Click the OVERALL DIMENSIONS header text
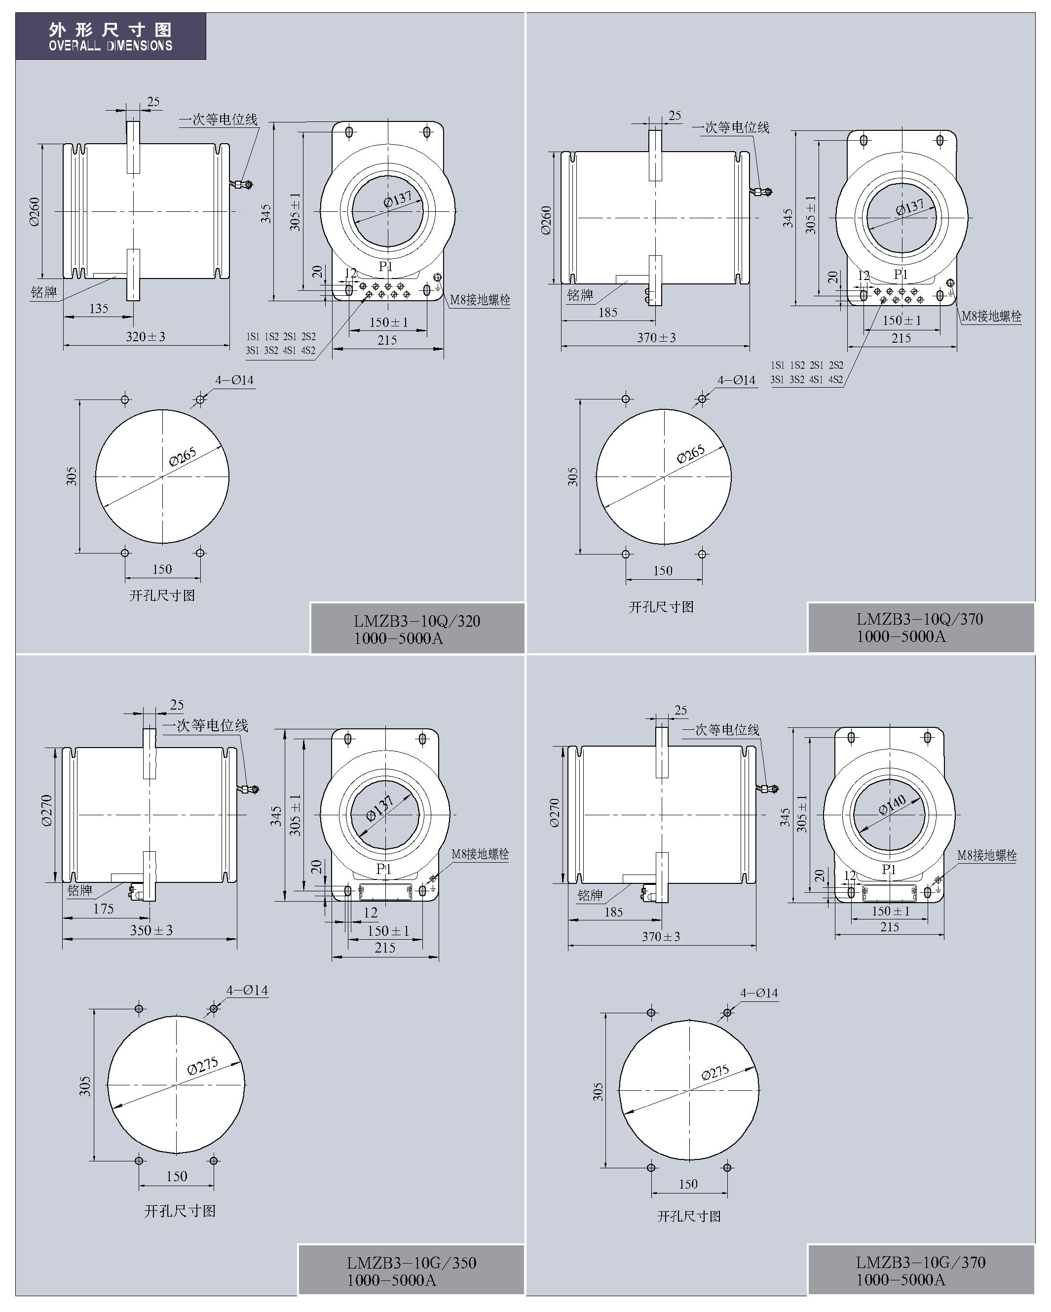[x=111, y=45]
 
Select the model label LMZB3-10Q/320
[x=417, y=621]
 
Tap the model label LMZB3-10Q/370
[x=920, y=619]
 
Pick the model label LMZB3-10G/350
[x=412, y=1263]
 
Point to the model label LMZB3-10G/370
[x=920, y=1262]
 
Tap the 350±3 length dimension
[x=151, y=930]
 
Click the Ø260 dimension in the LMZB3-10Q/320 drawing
[x=35, y=211]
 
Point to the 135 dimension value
[x=99, y=309]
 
